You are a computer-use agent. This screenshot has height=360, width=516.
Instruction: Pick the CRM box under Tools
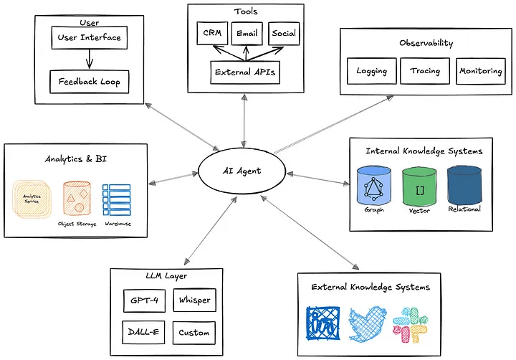[212, 33]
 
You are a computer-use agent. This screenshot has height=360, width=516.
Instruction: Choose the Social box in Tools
[283, 33]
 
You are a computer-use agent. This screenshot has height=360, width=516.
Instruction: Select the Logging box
[372, 71]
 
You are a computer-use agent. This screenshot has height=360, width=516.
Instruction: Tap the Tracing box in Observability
[424, 71]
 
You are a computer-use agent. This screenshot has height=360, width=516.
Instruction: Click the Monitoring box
[480, 71]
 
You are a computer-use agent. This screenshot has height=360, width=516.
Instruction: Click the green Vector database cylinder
[419, 188]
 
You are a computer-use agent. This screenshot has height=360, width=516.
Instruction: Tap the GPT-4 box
[144, 300]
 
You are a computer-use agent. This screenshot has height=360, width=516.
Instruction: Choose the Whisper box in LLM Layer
[194, 300]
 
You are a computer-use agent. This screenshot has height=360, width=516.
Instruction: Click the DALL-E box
[144, 333]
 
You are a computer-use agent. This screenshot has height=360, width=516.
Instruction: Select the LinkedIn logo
[325, 325]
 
